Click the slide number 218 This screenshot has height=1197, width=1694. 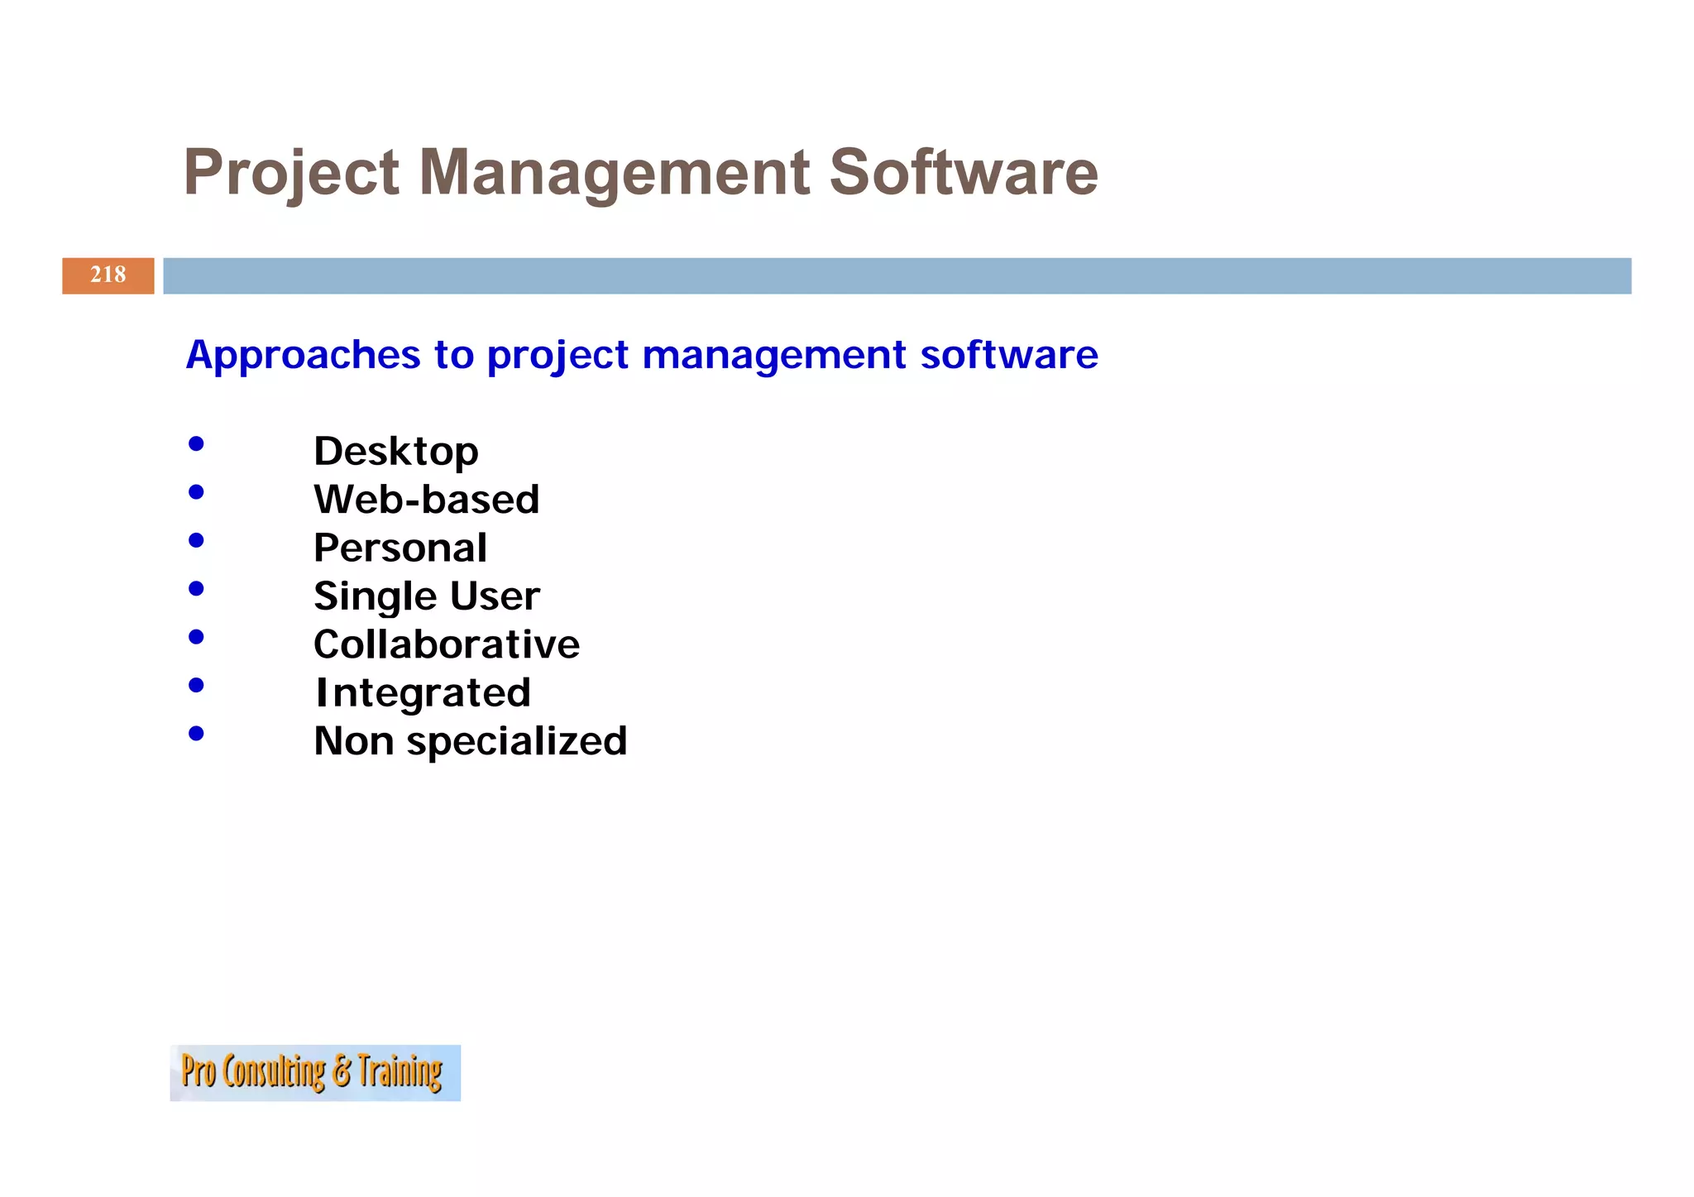point(108,275)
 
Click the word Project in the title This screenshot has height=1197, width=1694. point(291,173)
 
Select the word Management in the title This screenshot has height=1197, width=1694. point(614,173)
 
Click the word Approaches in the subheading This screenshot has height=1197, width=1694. point(303,356)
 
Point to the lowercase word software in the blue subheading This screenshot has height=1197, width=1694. point(1008,355)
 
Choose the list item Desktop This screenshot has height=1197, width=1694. point(395,452)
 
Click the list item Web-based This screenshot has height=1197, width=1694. point(426,500)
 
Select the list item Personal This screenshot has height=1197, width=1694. point(400,548)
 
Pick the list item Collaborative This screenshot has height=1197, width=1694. point(447,644)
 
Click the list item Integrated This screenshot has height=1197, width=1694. point(423,693)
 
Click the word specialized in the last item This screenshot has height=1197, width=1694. point(516,741)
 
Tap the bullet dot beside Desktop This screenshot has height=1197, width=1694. point(196,444)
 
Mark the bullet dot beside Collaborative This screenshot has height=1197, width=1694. point(196,637)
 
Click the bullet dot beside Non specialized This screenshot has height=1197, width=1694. point(196,733)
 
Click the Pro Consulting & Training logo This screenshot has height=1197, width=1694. point(314,1072)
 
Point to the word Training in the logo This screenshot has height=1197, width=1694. point(400,1072)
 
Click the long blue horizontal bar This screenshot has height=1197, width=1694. point(897,275)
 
